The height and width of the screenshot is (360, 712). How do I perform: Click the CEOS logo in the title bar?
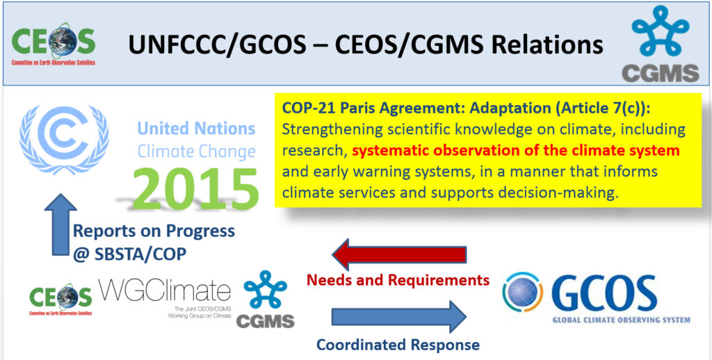click(x=54, y=44)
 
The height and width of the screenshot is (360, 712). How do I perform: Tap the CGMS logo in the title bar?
click(x=661, y=44)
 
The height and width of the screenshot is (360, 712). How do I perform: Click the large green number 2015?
click(x=195, y=188)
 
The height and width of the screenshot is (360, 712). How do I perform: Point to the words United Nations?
click(x=197, y=129)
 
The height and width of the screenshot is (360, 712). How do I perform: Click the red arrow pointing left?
click(x=400, y=254)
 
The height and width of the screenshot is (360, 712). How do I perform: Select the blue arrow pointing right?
click(x=399, y=316)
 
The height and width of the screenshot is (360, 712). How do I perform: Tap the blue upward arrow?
click(x=60, y=224)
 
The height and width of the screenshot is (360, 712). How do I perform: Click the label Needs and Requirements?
click(x=398, y=279)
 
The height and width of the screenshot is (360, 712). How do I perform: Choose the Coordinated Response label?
click(x=398, y=345)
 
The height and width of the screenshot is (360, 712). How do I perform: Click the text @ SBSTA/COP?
click(x=129, y=254)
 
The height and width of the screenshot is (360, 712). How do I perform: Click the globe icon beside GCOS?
click(x=523, y=292)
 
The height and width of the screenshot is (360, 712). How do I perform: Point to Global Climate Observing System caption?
click(x=621, y=320)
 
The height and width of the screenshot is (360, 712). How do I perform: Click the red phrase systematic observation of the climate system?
click(x=516, y=151)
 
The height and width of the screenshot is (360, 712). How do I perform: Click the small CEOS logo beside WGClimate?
click(x=61, y=300)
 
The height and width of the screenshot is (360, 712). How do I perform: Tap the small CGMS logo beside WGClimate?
click(x=265, y=300)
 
